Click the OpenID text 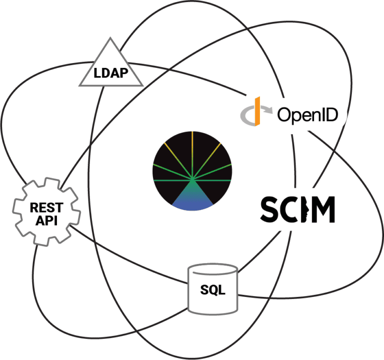pos(307,116)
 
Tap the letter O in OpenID pos(285,115)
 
